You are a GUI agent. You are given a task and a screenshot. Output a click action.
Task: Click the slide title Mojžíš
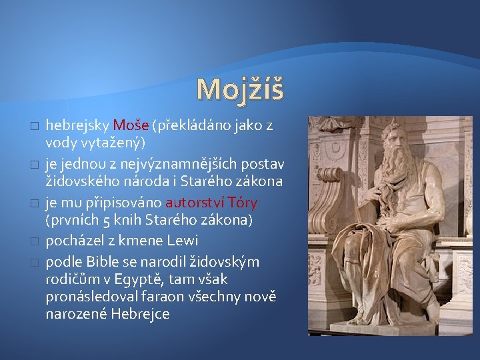(x=240, y=89)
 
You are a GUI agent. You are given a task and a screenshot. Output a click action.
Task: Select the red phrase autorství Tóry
(x=211, y=202)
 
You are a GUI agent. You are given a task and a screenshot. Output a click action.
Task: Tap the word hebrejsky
(x=77, y=125)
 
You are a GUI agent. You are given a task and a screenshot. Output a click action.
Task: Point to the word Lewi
(x=182, y=240)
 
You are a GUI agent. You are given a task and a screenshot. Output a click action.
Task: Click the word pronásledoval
(x=89, y=296)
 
